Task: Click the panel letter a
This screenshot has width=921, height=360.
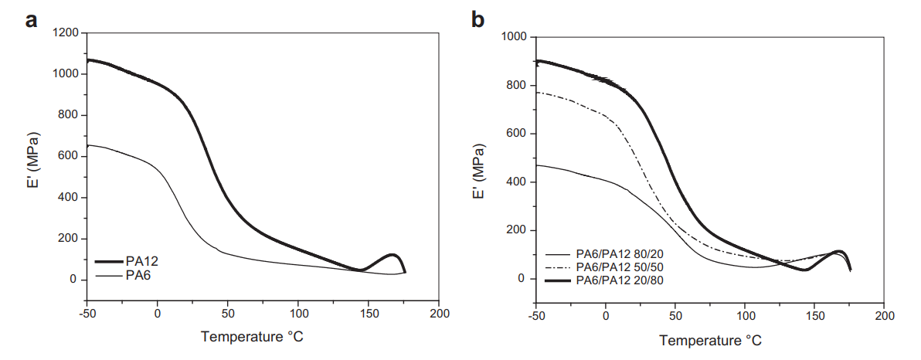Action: point(32,21)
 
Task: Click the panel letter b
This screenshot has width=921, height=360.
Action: point(478,21)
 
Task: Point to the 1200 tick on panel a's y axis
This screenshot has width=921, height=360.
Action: point(68,33)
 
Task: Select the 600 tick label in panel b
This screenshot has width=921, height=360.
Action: point(517,134)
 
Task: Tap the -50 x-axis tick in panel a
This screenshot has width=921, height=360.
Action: point(87,314)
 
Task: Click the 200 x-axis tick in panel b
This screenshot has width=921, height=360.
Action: point(885,317)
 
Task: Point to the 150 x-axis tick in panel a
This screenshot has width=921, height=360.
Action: point(369,314)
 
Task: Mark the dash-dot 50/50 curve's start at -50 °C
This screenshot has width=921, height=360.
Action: point(536,93)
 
